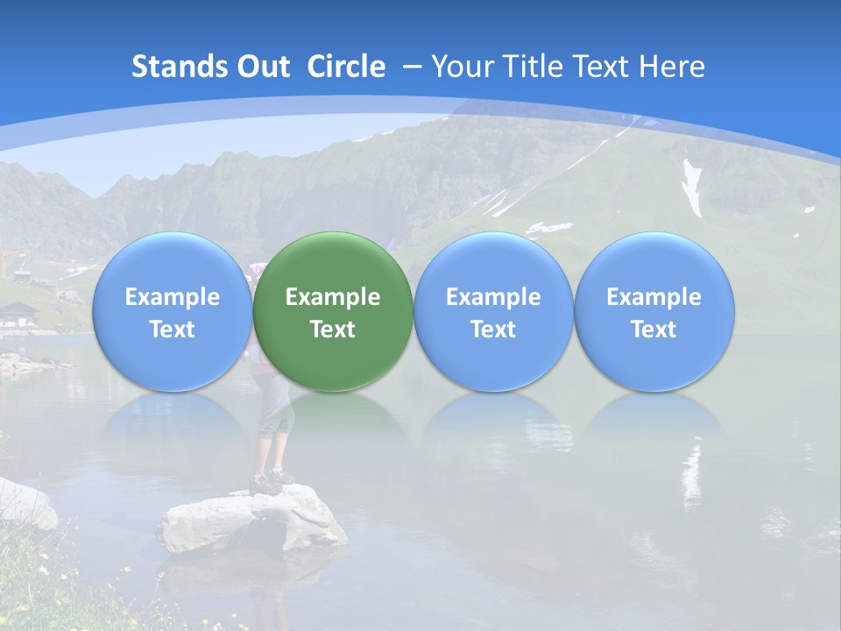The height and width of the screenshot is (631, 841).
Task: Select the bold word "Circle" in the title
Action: (x=346, y=67)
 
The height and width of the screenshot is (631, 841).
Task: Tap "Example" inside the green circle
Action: (x=333, y=297)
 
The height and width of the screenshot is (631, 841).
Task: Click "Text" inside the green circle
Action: (x=333, y=330)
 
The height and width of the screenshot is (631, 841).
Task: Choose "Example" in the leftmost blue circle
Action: (x=173, y=297)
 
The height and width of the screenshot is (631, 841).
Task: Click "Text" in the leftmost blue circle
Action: (x=173, y=330)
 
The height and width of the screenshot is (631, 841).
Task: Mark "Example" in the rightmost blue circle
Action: (x=654, y=297)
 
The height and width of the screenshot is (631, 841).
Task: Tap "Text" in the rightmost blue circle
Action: (x=654, y=330)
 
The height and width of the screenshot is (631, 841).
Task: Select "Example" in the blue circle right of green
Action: (x=493, y=297)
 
